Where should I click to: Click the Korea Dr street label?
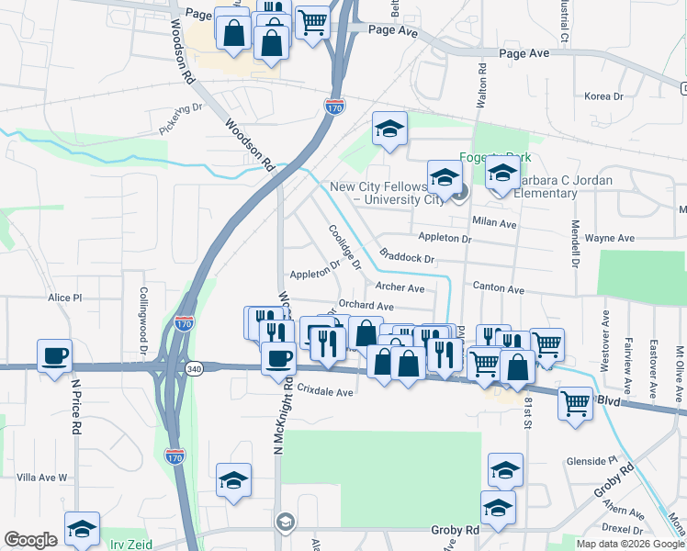(x=603, y=96)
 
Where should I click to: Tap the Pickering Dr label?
(x=180, y=118)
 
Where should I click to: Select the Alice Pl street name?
(x=65, y=298)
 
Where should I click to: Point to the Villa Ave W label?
(x=43, y=478)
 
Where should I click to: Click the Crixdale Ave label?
(x=324, y=392)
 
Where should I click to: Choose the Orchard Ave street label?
(x=366, y=306)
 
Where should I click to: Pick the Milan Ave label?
(x=494, y=223)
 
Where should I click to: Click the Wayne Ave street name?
(x=610, y=238)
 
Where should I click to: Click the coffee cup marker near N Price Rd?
(x=55, y=354)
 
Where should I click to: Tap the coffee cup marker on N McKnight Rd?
(x=278, y=357)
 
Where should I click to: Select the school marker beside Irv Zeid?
(x=82, y=528)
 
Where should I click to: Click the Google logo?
(x=31, y=540)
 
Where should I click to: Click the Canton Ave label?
(x=498, y=289)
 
